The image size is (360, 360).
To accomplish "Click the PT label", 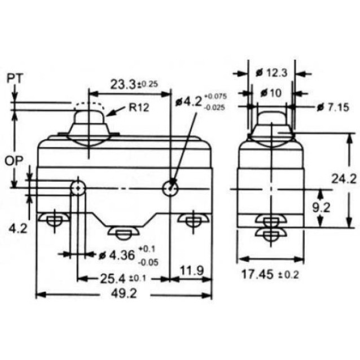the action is (x=15, y=78).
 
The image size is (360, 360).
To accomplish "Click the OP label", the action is (x=14, y=161).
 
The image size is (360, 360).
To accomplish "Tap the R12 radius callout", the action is (x=139, y=107).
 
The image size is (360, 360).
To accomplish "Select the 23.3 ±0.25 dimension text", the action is (x=134, y=84).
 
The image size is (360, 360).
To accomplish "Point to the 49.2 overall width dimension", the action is (x=124, y=293).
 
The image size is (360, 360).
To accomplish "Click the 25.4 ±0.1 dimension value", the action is (x=123, y=279).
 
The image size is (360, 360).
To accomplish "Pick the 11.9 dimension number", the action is (x=192, y=271).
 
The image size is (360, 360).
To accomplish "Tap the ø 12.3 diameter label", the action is (x=271, y=73).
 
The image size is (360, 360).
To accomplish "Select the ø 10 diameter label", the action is (x=271, y=93).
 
